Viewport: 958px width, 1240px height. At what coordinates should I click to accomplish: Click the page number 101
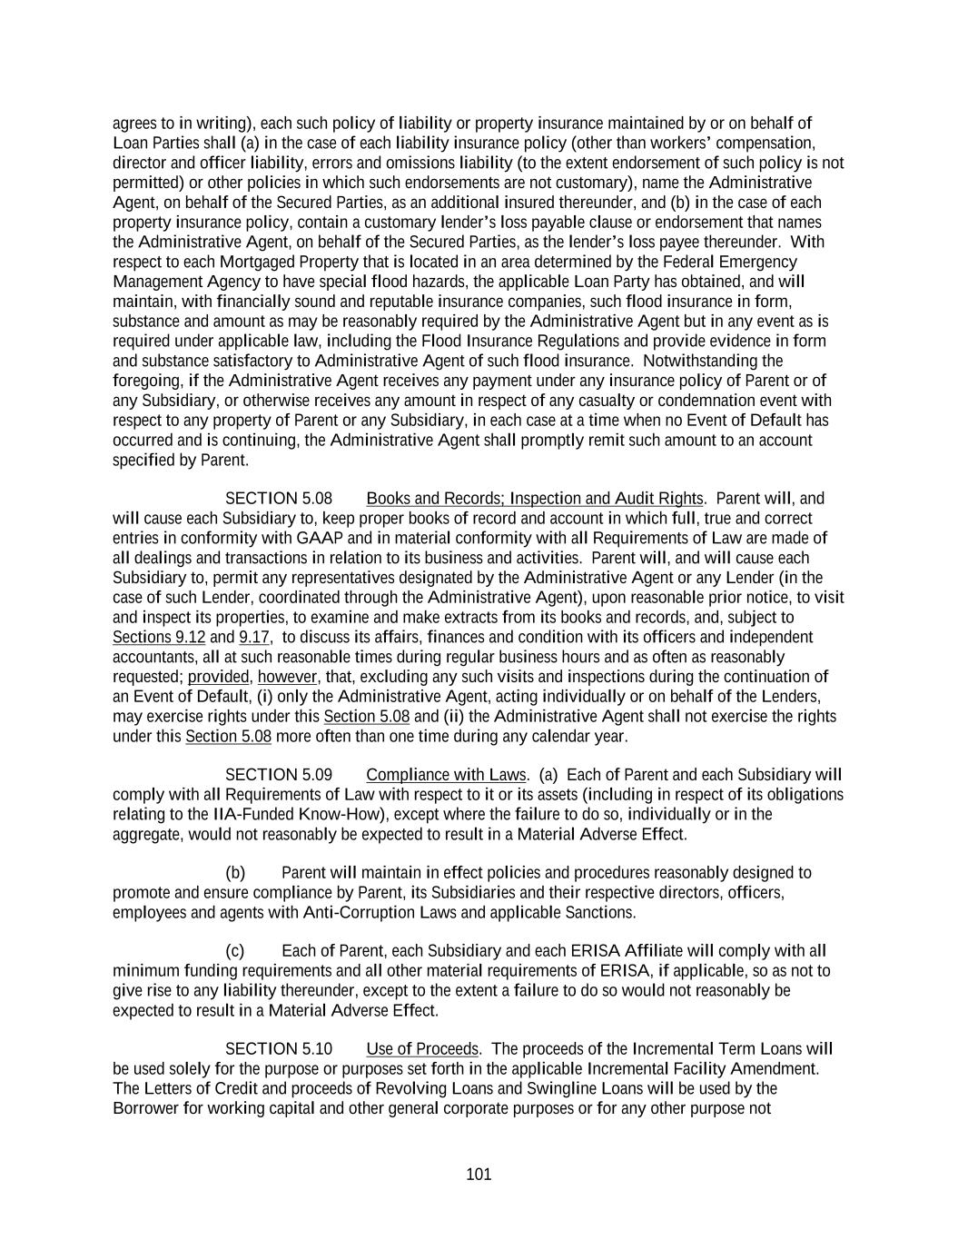click(x=479, y=1175)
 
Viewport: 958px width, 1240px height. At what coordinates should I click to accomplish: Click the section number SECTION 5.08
click(x=278, y=499)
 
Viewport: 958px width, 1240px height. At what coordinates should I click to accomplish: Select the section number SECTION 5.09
click(x=278, y=775)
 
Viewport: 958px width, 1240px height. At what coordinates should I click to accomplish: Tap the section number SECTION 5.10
click(x=278, y=1049)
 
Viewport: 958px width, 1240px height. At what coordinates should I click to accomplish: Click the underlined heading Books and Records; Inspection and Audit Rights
click(x=534, y=499)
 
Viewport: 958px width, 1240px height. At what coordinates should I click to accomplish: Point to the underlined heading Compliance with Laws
click(x=446, y=775)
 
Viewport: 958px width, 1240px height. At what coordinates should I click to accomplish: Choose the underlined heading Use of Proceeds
click(x=422, y=1049)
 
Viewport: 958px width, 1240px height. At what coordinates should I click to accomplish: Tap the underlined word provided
click(x=218, y=677)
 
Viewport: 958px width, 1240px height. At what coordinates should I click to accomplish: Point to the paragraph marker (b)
click(x=235, y=873)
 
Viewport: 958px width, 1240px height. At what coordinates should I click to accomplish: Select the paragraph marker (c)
click(x=235, y=951)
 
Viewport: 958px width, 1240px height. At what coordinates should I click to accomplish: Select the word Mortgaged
click(x=249, y=262)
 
